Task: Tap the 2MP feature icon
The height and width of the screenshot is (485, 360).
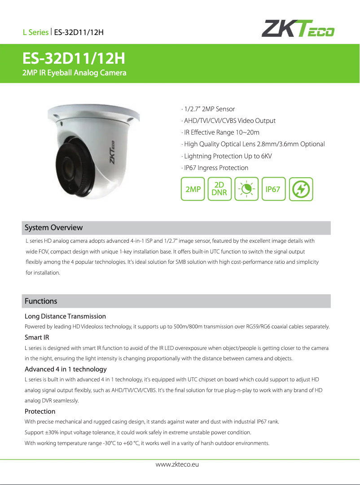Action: coord(193,189)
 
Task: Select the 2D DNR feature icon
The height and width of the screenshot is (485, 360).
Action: coord(220,189)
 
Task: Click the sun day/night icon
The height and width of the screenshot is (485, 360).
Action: coord(246,189)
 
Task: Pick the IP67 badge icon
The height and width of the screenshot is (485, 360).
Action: coord(273,189)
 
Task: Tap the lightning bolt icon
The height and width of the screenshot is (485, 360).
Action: coord(300,189)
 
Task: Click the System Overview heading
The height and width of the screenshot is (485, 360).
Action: coord(53,227)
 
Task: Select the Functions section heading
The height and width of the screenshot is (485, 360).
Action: coord(41,301)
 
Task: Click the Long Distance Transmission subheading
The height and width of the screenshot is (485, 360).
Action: coord(65,316)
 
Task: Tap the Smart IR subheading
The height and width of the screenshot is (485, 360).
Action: coord(37,337)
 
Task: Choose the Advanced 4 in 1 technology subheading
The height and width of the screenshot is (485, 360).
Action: coord(66,369)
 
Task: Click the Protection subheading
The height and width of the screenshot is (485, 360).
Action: coord(40,411)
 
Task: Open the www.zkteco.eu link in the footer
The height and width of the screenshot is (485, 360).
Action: coord(177,464)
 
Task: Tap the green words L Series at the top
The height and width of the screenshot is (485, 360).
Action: coord(36,32)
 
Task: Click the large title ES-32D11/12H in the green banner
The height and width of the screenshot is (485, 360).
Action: coord(74,59)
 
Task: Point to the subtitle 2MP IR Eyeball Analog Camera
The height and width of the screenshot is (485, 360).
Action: coord(75,73)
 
